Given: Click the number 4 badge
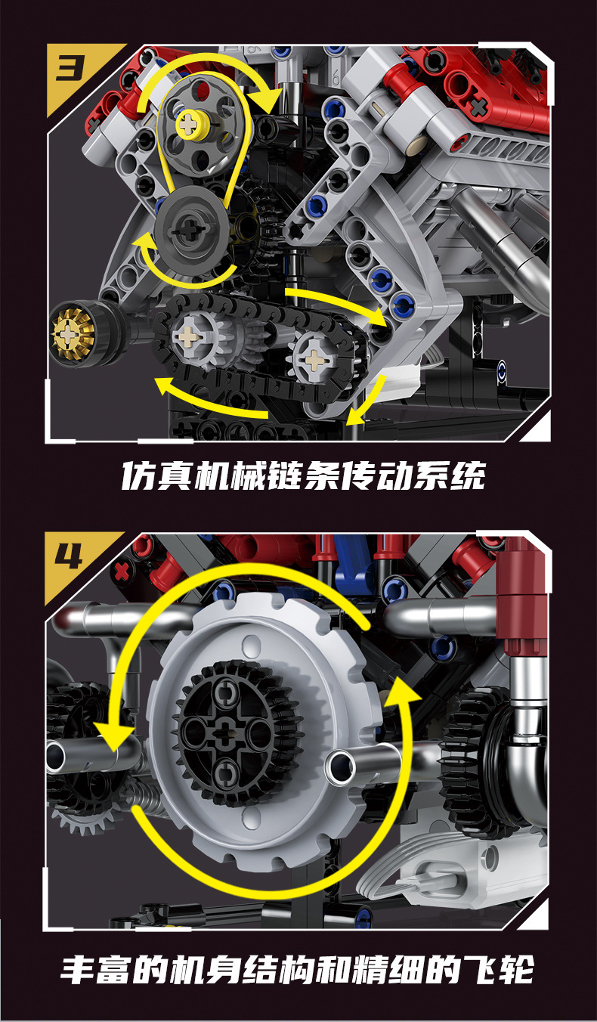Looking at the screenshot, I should coord(70,558).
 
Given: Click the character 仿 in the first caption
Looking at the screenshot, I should coord(138,476).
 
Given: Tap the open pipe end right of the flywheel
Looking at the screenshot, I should coord(340,766).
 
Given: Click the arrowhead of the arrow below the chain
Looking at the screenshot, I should coord(161,385).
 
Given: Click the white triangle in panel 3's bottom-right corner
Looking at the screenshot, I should coord(537,428).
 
